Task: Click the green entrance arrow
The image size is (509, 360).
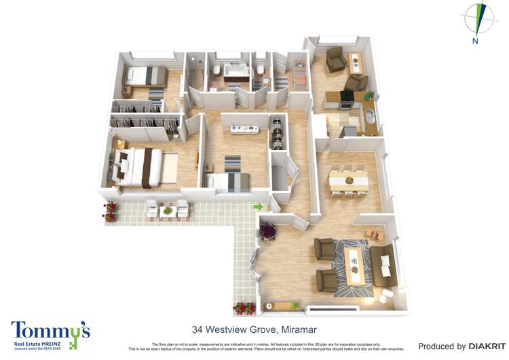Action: [x=258, y=206]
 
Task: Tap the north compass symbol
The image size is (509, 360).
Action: [x=479, y=20]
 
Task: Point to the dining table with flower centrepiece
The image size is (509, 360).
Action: [x=348, y=181]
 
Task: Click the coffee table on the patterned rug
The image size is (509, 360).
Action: [x=352, y=266]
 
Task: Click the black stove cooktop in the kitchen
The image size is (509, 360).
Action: [x=345, y=96]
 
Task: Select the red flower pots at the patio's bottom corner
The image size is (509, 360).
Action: [x=244, y=309]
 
